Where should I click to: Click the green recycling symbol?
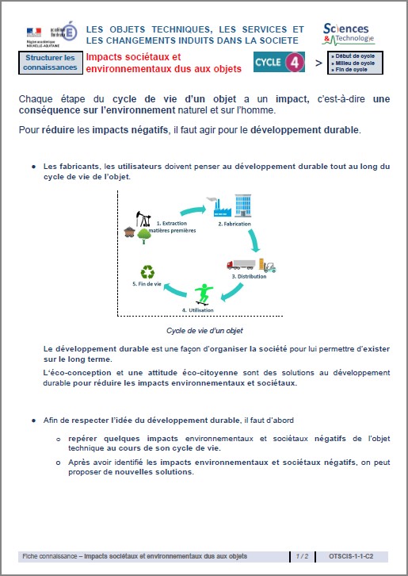(x=147, y=272)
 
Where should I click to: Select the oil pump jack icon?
(x=143, y=217)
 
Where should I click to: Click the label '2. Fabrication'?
(x=235, y=225)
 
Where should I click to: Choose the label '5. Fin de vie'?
(x=148, y=283)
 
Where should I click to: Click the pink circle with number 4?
(x=295, y=63)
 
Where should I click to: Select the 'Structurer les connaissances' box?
(x=50, y=63)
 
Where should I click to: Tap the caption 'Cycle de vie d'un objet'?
(x=204, y=330)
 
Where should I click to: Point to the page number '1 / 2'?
(x=303, y=557)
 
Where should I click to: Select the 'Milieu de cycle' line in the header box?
(x=355, y=63)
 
